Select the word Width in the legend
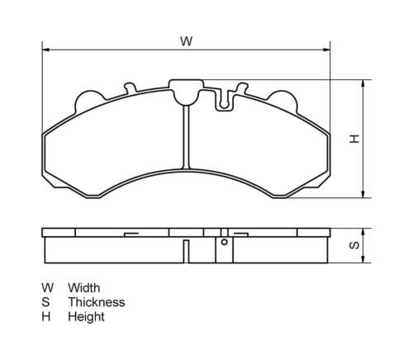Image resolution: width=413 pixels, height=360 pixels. [84, 287]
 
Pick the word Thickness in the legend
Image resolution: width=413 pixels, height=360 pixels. [96, 302]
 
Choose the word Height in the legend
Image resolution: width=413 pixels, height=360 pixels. [86, 316]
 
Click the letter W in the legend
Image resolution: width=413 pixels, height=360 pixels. [48, 287]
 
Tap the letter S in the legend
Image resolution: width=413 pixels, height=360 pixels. [47, 302]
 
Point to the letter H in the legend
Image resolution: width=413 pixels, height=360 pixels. [47, 316]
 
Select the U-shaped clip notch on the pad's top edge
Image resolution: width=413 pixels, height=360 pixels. [225, 102]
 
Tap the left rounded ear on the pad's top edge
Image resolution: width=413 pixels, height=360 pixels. [87, 98]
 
